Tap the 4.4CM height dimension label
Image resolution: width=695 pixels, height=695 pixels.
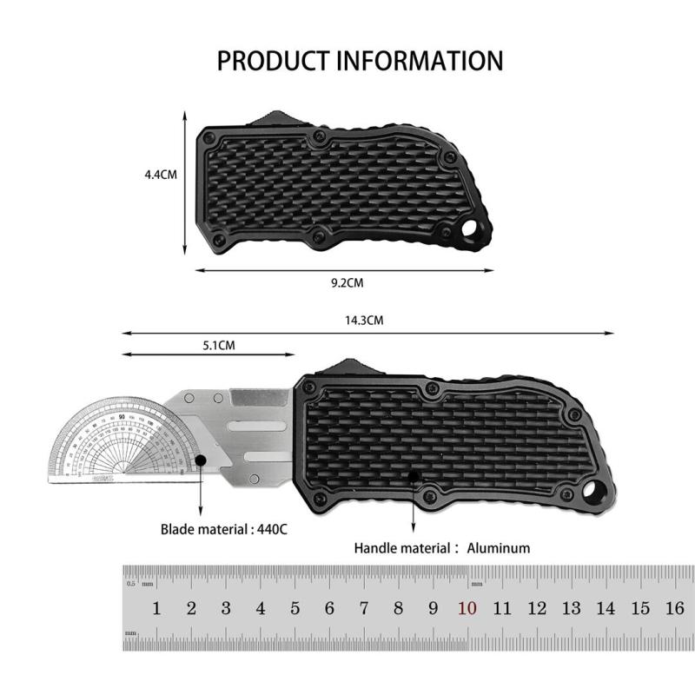(161, 174)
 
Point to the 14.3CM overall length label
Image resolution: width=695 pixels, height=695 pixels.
(364, 321)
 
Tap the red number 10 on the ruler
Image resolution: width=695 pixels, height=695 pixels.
(467, 609)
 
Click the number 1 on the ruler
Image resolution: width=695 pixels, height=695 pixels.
(157, 609)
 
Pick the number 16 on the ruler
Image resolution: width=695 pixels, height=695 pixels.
(674, 609)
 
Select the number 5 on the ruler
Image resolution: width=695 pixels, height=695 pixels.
(295, 609)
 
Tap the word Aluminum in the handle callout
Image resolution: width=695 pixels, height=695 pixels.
(498, 548)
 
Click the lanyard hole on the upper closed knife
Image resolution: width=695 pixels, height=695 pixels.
(472, 234)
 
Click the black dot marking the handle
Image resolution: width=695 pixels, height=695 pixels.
(413, 478)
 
